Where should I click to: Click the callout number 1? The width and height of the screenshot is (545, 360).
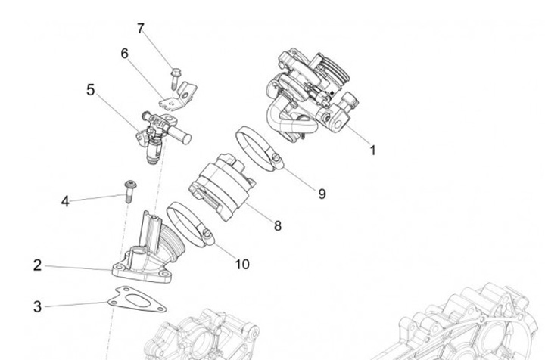tap(372, 150)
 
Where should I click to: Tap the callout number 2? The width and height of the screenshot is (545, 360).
tap(37, 265)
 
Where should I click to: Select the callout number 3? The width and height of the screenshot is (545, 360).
tap(37, 306)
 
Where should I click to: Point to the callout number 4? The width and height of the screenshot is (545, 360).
tap(65, 201)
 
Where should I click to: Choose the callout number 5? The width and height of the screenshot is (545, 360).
tap(91, 90)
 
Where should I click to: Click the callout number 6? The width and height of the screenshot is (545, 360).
tap(125, 54)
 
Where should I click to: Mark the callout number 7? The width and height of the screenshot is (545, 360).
tap(141, 29)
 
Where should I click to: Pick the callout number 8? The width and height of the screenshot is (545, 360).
tap(278, 225)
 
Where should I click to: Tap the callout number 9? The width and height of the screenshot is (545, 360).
tap(322, 194)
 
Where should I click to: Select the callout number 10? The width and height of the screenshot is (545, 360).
tap(241, 264)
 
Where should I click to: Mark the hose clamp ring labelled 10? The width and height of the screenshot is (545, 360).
tap(189, 223)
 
